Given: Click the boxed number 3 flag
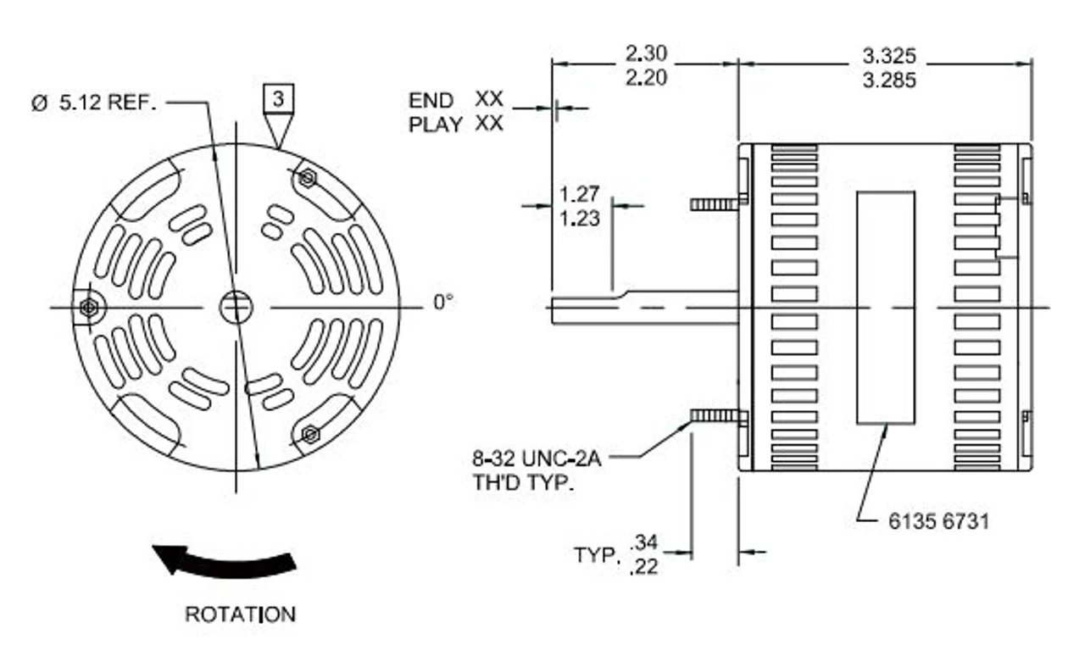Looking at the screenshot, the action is (278, 99).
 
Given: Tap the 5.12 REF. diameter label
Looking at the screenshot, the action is (94, 103).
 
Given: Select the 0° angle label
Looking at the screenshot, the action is (443, 303).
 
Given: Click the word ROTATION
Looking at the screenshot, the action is (240, 614).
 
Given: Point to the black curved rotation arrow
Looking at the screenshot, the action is (228, 565).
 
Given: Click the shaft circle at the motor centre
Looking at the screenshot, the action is (236, 307).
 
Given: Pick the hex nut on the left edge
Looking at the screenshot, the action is (89, 307).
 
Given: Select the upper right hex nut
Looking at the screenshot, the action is (307, 178).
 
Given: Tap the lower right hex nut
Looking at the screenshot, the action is (310, 434).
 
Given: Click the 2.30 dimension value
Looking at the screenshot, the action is (646, 53).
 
